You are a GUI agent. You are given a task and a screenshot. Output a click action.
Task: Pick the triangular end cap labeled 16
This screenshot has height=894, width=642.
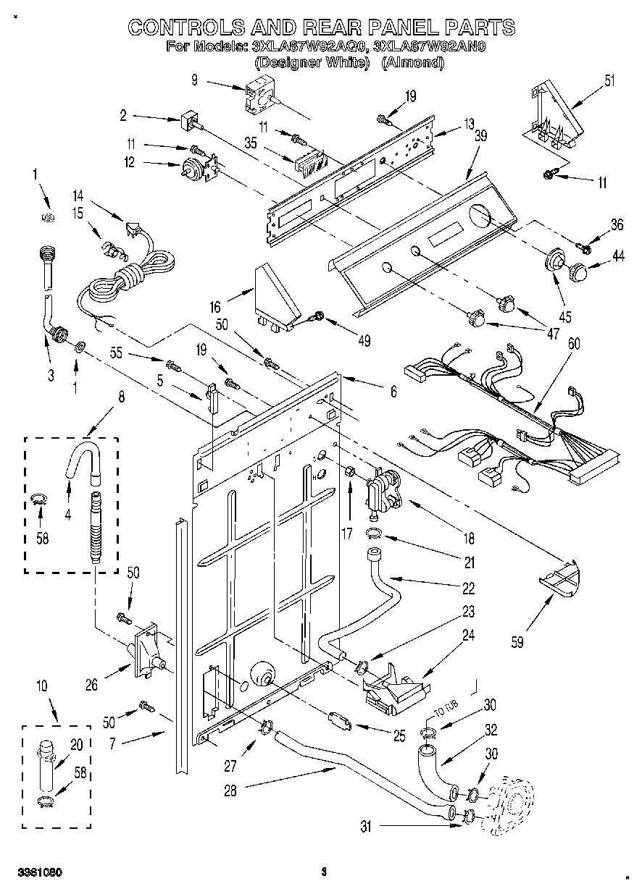pos(276,298)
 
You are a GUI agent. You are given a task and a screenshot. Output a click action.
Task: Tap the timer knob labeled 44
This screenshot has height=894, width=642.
pos(579,273)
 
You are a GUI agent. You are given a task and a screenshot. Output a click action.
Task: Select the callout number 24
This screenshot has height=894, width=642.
pos(469,636)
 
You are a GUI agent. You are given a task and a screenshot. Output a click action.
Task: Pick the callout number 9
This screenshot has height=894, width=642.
pos(195,80)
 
